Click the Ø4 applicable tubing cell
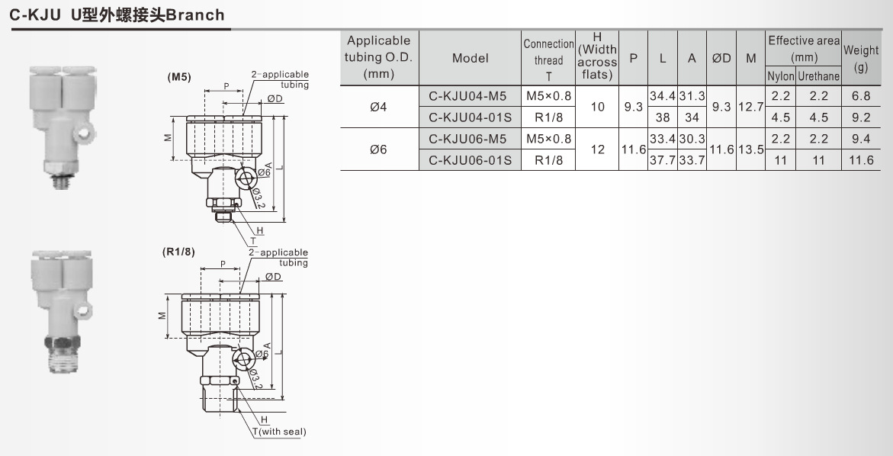378,107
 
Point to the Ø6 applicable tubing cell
378,149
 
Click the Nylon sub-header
780,76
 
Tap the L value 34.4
661,96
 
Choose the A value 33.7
692,160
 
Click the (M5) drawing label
179,77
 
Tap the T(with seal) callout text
279,432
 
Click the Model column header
470,58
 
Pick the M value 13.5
751,149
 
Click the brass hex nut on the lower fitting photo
60,341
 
